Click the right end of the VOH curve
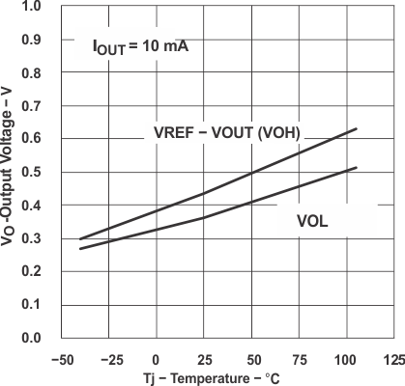click(357, 128)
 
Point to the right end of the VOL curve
click(357, 168)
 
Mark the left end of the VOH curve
click(80, 238)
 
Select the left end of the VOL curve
click(80, 249)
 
